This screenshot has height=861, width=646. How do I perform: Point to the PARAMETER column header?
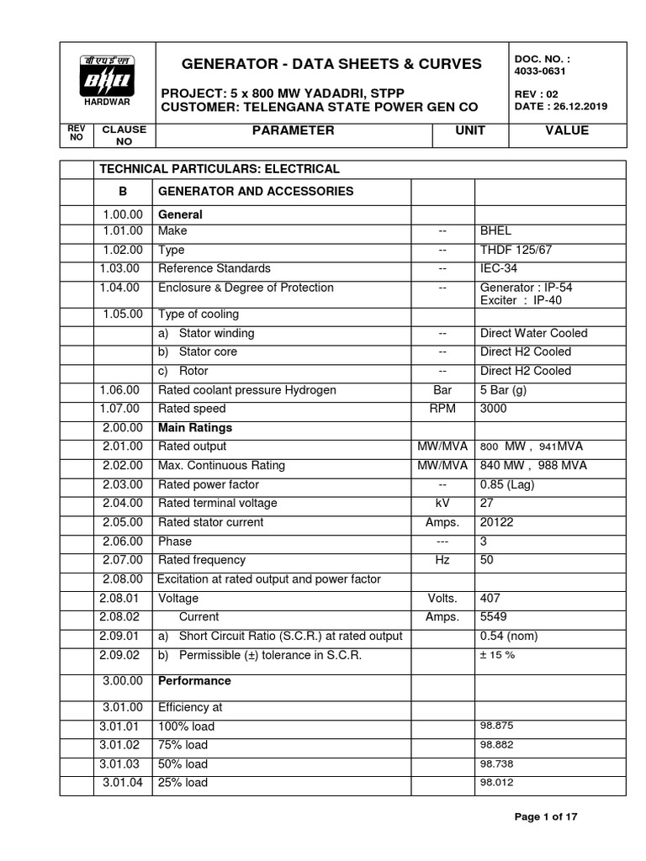click(294, 131)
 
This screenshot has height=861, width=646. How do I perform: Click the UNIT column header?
click(470, 131)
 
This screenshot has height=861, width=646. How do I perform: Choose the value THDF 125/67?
click(516, 250)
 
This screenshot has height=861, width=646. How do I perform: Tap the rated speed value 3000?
click(495, 409)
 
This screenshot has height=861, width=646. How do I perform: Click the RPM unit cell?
click(442, 409)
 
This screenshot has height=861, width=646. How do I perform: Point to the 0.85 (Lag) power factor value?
click(507, 484)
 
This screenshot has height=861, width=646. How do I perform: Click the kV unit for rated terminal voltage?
click(442, 503)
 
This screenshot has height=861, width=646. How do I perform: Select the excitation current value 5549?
click(495, 616)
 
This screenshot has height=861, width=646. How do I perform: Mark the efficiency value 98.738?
click(496, 764)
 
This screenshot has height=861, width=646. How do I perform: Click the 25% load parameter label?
click(183, 783)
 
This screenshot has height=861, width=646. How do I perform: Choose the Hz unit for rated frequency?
click(442, 560)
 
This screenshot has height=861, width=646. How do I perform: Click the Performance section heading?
click(194, 680)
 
